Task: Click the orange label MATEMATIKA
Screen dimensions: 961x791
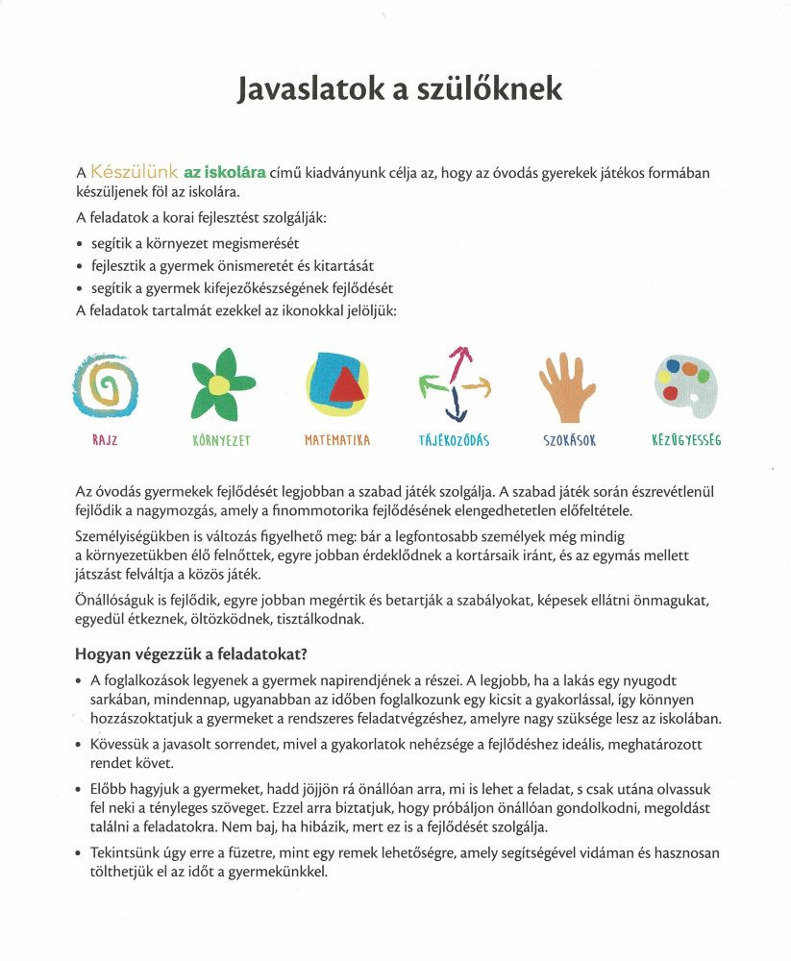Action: click(x=337, y=441)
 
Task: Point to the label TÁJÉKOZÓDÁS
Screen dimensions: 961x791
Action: click(x=455, y=441)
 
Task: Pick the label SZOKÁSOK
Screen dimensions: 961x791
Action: click(x=570, y=441)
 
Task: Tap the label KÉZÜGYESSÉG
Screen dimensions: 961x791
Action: click(x=686, y=441)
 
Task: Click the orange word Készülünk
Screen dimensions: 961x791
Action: click(x=134, y=173)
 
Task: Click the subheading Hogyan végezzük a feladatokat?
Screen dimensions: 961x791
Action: click(x=191, y=654)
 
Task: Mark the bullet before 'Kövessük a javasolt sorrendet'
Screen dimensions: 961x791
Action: click(x=79, y=746)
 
